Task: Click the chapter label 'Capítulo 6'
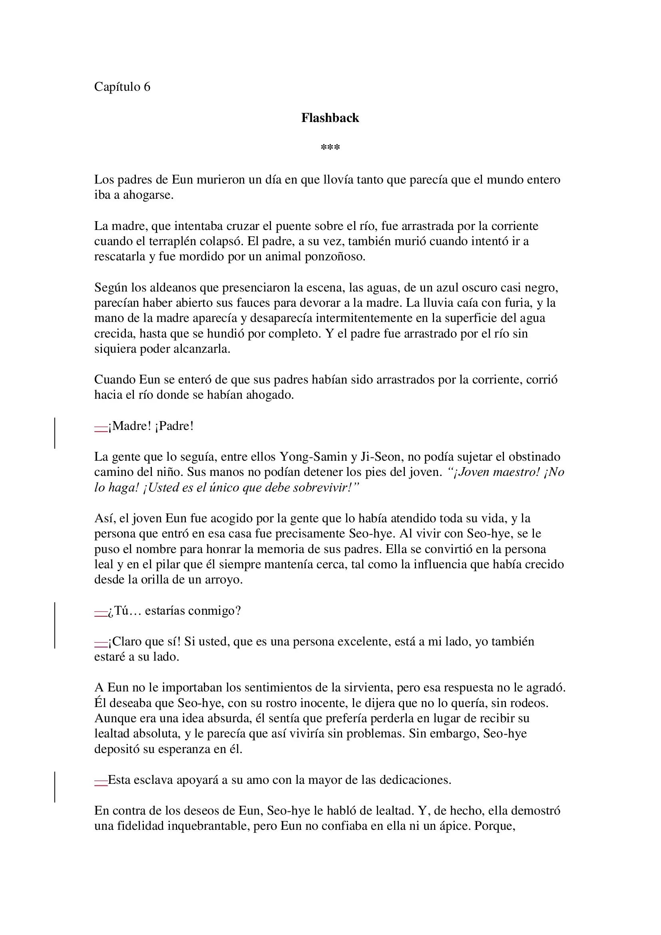click(122, 87)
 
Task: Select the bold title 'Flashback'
click(330, 118)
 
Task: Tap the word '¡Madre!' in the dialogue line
click(129, 426)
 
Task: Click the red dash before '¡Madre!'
click(101, 428)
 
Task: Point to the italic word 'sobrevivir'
click(321, 487)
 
